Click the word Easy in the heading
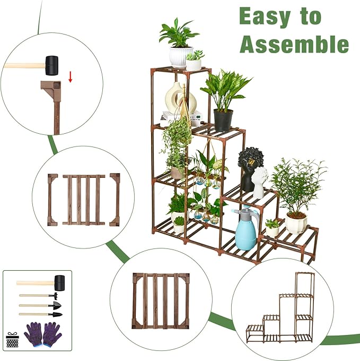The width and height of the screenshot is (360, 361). coord(265,16)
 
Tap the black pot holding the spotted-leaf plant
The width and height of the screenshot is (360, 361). coord(223,120)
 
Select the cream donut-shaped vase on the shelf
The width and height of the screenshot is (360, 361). coord(181,99)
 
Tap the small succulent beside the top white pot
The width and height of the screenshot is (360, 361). coord(194,61)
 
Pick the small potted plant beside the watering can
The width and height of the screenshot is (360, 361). coord(273,228)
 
